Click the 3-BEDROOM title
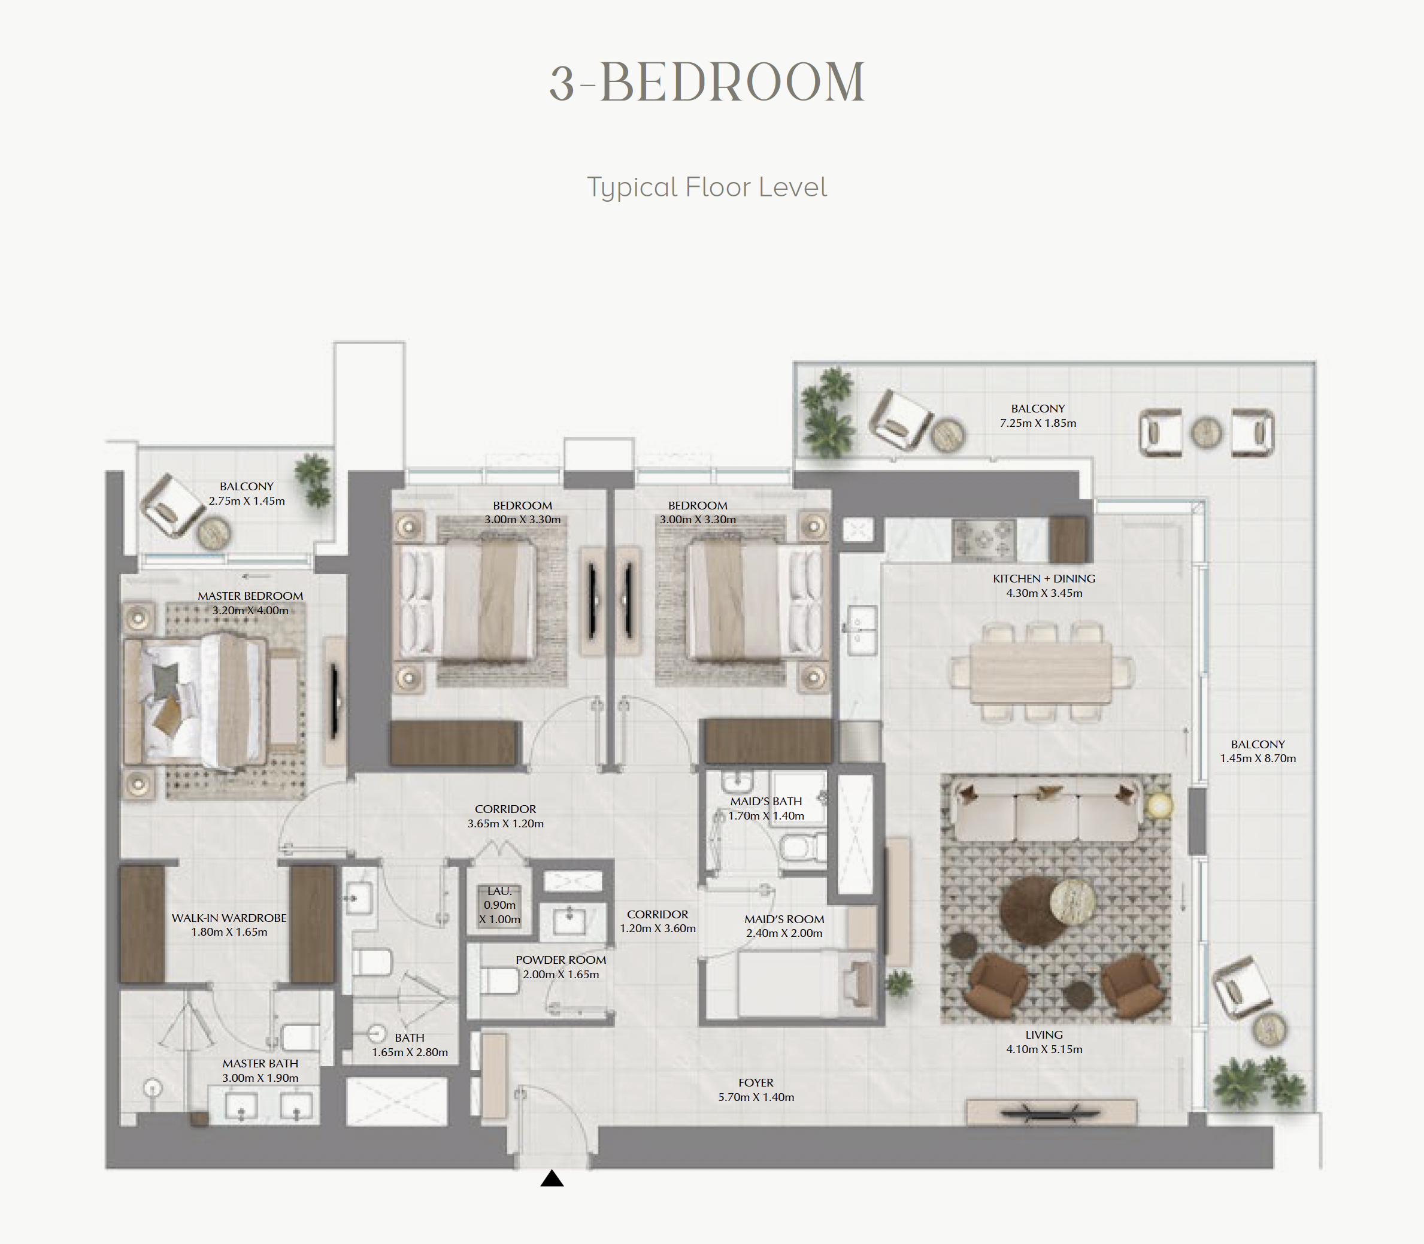point(707,83)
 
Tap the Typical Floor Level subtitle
point(707,187)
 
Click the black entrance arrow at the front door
point(552,1178)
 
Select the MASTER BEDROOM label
point(250,596)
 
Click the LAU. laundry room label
point(499,891)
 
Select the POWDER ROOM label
point(561,960)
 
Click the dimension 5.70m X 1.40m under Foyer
point(756,1097)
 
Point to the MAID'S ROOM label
point(784,919)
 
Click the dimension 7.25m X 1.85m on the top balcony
point(1038,423)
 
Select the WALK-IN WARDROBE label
point(229,918)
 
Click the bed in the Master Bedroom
point(195,703)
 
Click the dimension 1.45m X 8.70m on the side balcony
point(1258,758)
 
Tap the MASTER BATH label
point(260,1064)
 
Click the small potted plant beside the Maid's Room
point(898,984)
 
